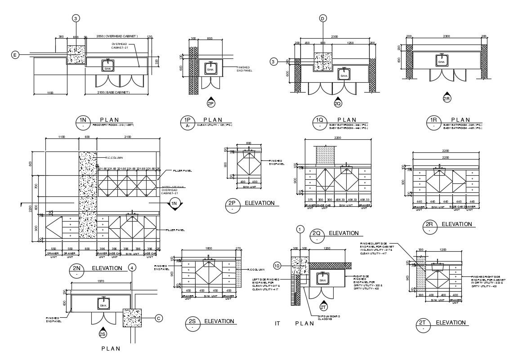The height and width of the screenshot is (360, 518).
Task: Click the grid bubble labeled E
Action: point(15,55)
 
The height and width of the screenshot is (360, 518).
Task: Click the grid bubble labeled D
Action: point(323,18)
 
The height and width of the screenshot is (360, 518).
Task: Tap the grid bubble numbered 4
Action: point(131,268)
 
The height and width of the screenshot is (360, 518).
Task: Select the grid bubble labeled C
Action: point(158,318)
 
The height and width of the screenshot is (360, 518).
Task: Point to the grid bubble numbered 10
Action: point(277,266)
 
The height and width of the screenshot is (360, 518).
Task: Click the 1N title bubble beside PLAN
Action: point(83,122)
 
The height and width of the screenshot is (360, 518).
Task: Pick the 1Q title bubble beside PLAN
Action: point(320,122)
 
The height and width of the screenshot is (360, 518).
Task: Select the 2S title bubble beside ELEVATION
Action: point(192,324)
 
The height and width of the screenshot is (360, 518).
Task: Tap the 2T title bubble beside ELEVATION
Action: point(423,325)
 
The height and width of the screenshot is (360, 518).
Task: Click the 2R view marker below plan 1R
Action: point(447,98)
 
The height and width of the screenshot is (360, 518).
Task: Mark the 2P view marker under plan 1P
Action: point(211,103)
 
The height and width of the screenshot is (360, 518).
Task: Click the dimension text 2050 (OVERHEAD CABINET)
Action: point(117,36)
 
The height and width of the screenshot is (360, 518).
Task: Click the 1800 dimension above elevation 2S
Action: point(208,248)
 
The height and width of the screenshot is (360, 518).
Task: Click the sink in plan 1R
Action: point(442,60)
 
